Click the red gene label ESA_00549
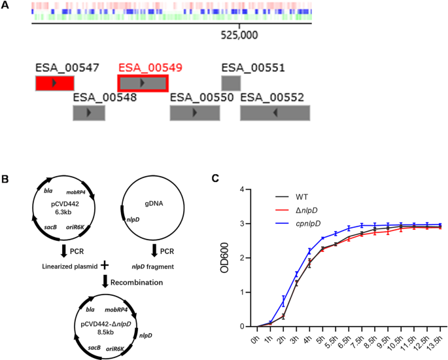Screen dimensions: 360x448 click(150, 68)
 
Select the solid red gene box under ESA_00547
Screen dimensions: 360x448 click(54, 83)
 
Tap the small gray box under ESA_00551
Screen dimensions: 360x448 click(231, 83)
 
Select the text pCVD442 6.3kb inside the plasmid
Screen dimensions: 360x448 click(63, 209)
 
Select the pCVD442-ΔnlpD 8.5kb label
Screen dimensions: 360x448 click(66, 323)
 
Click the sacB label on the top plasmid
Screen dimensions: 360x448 click(47, 223)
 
